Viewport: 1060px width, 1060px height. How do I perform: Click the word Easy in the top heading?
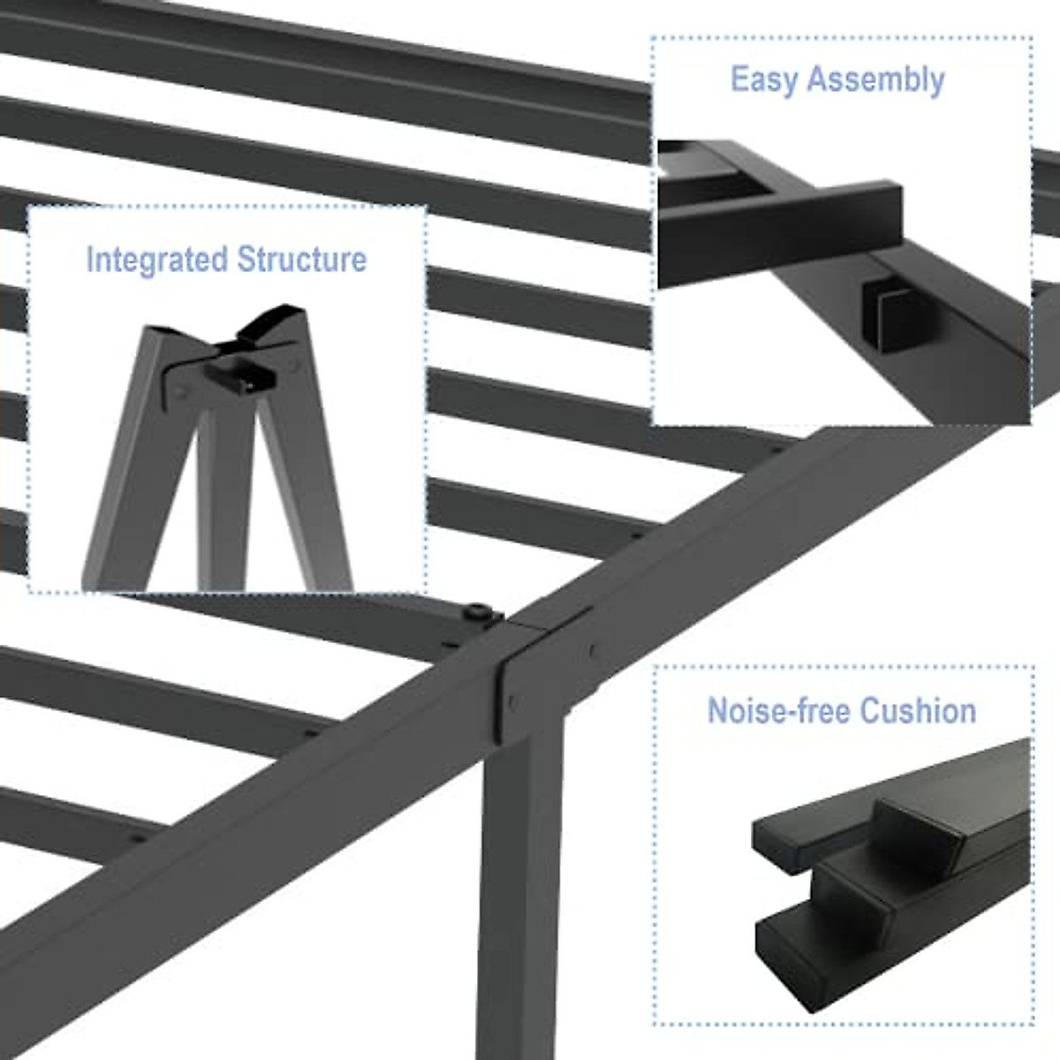(x=765, y=79)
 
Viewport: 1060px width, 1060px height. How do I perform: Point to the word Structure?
(x=301, y=260)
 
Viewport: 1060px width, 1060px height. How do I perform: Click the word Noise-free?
(x=779, y=711)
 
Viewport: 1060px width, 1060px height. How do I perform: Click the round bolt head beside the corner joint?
(x=478, y=610)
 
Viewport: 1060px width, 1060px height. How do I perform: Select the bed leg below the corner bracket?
(x=521, y=883)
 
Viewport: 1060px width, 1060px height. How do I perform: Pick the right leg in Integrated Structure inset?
(x=309, y=495)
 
